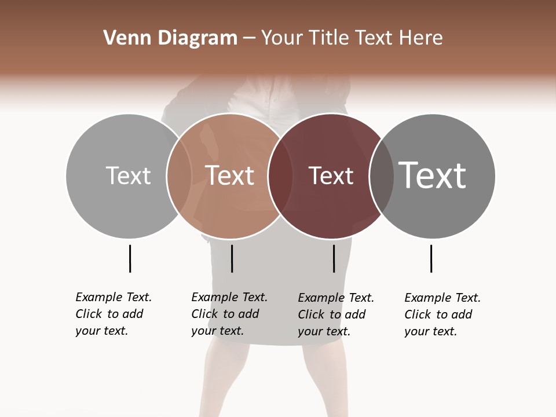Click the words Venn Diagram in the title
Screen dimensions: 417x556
point(170,38)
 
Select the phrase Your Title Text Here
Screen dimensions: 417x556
point(352,38)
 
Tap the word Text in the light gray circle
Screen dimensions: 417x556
point(128,175)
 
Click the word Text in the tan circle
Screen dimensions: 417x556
point(230,175)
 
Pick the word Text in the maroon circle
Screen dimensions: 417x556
point(331,175)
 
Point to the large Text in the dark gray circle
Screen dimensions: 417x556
point(433,175)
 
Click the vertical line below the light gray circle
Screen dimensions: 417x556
point(130,258)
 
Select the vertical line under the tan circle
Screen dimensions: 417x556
point(232,258)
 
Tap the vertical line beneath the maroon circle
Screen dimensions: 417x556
point(334,258)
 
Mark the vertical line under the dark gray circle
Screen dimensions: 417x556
point(431,258)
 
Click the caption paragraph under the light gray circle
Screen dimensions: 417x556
point(113,314)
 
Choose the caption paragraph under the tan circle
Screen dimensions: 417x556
point(229,314)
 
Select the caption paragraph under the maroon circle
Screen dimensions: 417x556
point(335,314)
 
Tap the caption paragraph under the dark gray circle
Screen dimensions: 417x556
point(442,314)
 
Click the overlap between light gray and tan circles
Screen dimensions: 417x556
point(179,175)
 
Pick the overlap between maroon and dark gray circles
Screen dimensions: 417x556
point(382,175)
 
